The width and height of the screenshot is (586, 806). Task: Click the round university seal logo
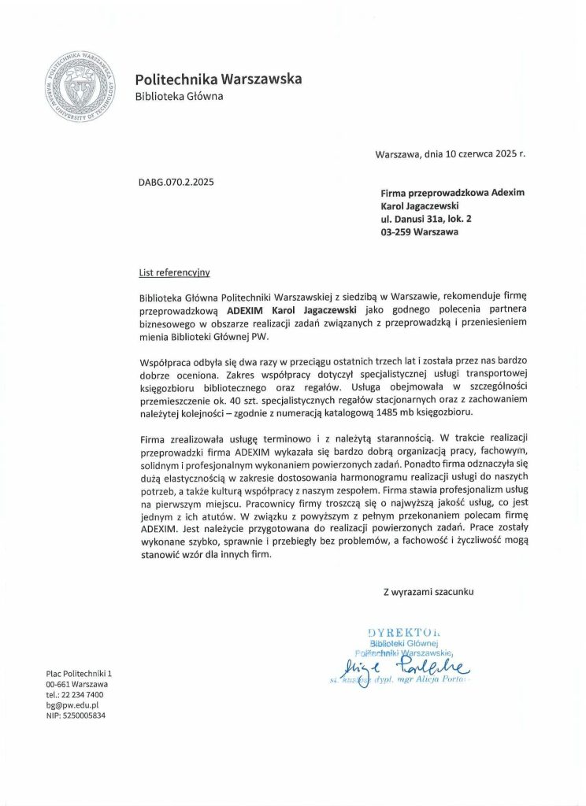78,85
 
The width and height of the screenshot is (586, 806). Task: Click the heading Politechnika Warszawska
218,79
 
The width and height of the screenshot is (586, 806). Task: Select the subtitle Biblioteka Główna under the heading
179,97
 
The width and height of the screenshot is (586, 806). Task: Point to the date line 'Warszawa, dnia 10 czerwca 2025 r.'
450,154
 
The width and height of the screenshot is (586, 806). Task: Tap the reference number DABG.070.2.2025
176,182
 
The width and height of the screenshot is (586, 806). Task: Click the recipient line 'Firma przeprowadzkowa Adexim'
452,192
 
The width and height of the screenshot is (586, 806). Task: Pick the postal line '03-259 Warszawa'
419,232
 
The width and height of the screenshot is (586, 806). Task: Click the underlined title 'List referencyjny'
174,272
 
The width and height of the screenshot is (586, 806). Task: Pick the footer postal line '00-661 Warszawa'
77,685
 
